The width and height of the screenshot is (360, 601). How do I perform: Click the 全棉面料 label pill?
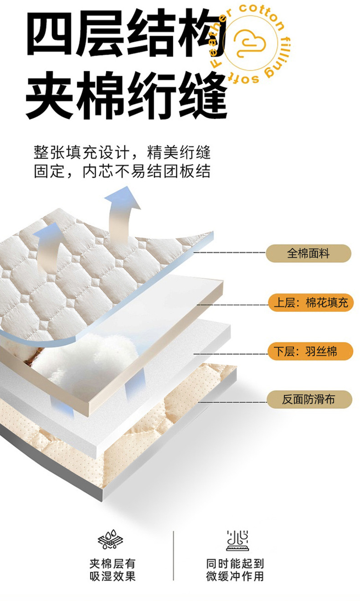(308, 254)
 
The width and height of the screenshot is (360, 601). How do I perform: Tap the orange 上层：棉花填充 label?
(311, 303)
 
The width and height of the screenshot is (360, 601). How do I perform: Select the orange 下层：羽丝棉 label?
(310, 352)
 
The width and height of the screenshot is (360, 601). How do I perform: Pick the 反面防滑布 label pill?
(309, 400)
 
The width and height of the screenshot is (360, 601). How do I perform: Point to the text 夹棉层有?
(112, 564)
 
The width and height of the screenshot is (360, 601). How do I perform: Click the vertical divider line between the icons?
(173, 555)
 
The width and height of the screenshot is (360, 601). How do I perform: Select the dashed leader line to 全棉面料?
(230, 252)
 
